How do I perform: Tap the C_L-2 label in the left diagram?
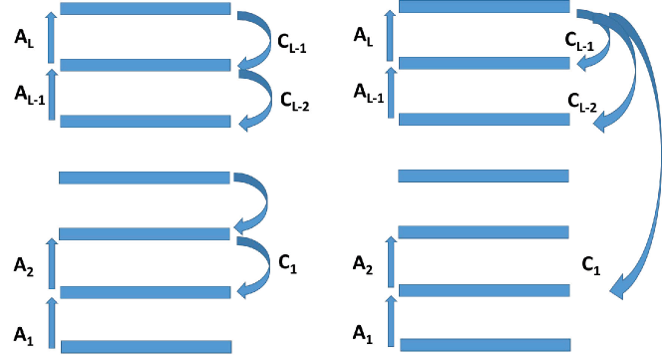294,100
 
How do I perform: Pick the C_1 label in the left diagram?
287,265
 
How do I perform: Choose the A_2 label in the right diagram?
365,264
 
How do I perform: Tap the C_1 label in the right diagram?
590,265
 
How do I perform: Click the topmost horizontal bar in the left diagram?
145,9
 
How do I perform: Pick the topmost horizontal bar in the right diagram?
484,7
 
